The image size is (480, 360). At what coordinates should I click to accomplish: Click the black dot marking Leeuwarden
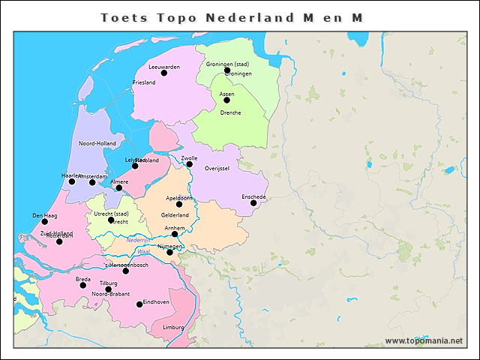[164, 73]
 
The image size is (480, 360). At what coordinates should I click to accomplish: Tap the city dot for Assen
[226, 100]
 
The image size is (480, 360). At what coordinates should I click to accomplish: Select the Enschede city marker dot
[253, 202]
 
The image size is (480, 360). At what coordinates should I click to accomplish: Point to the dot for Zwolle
[190, 164]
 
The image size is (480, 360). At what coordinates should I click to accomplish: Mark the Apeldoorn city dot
[179, 204]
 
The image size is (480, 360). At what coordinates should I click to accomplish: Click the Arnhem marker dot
[175, 233]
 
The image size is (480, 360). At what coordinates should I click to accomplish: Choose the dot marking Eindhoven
[139, 304]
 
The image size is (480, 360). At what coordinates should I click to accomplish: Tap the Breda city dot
[83, 285]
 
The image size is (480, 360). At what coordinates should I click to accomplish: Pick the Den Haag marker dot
[45, 221]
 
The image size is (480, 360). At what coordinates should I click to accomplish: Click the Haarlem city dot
[72, 181]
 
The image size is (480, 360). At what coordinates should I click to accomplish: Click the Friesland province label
[143, 82]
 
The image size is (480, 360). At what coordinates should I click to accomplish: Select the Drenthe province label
[230, 112]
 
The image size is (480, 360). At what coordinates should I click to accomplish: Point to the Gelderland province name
[175, 215]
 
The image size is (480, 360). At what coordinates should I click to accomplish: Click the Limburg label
[172, 328]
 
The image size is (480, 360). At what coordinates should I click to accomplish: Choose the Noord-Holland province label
[97, 143]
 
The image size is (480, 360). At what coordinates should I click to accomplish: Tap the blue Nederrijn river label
[139, 240]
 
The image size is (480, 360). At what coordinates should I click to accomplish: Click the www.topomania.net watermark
[424, 341]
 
